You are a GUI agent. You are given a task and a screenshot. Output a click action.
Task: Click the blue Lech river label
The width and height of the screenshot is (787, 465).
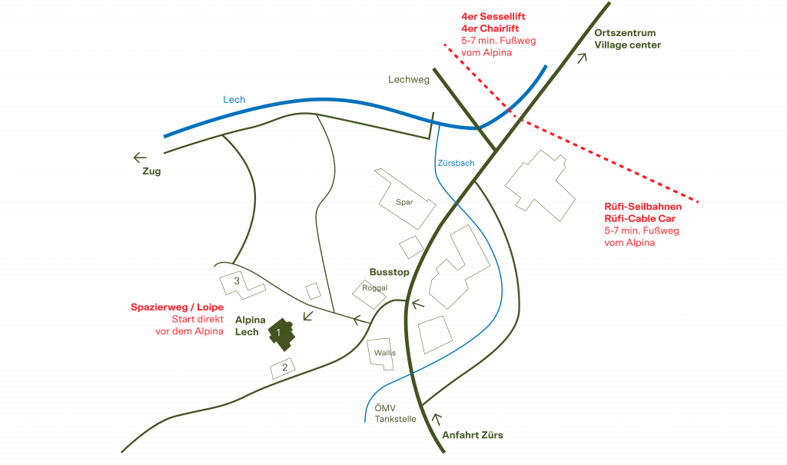click(234, 100)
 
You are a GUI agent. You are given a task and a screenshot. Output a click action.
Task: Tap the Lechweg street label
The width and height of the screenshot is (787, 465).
click(409, 79)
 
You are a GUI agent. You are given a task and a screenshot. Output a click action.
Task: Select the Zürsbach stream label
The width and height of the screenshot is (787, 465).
click(455, 164)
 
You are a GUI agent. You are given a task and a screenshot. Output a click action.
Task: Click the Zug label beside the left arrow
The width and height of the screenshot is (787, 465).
click(151, 171)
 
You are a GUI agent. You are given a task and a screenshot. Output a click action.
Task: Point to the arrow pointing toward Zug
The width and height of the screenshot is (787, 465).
click(140, 158)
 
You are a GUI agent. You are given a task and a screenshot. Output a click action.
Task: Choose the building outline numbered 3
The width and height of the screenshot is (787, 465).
click(240, 283)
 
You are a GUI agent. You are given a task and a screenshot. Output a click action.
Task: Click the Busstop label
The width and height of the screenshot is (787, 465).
click(389, 272)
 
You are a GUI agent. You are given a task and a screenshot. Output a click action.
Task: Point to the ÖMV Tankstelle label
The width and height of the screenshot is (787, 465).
click(395, 414)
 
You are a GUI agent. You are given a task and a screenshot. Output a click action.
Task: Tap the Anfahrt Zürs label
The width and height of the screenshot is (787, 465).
click(473, 436)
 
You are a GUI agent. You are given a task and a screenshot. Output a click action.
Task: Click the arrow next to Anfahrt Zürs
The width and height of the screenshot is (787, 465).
click(440, 420)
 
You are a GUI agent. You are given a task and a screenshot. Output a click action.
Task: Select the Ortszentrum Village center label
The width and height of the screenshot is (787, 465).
click(627, 39)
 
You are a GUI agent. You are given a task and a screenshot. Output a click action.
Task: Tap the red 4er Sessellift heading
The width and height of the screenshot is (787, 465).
click(493, 16)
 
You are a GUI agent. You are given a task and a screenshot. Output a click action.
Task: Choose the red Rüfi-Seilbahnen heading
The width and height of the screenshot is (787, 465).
click(643, 208)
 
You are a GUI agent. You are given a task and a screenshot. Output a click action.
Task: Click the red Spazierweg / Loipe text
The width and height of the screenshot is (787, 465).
click(177, 307)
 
